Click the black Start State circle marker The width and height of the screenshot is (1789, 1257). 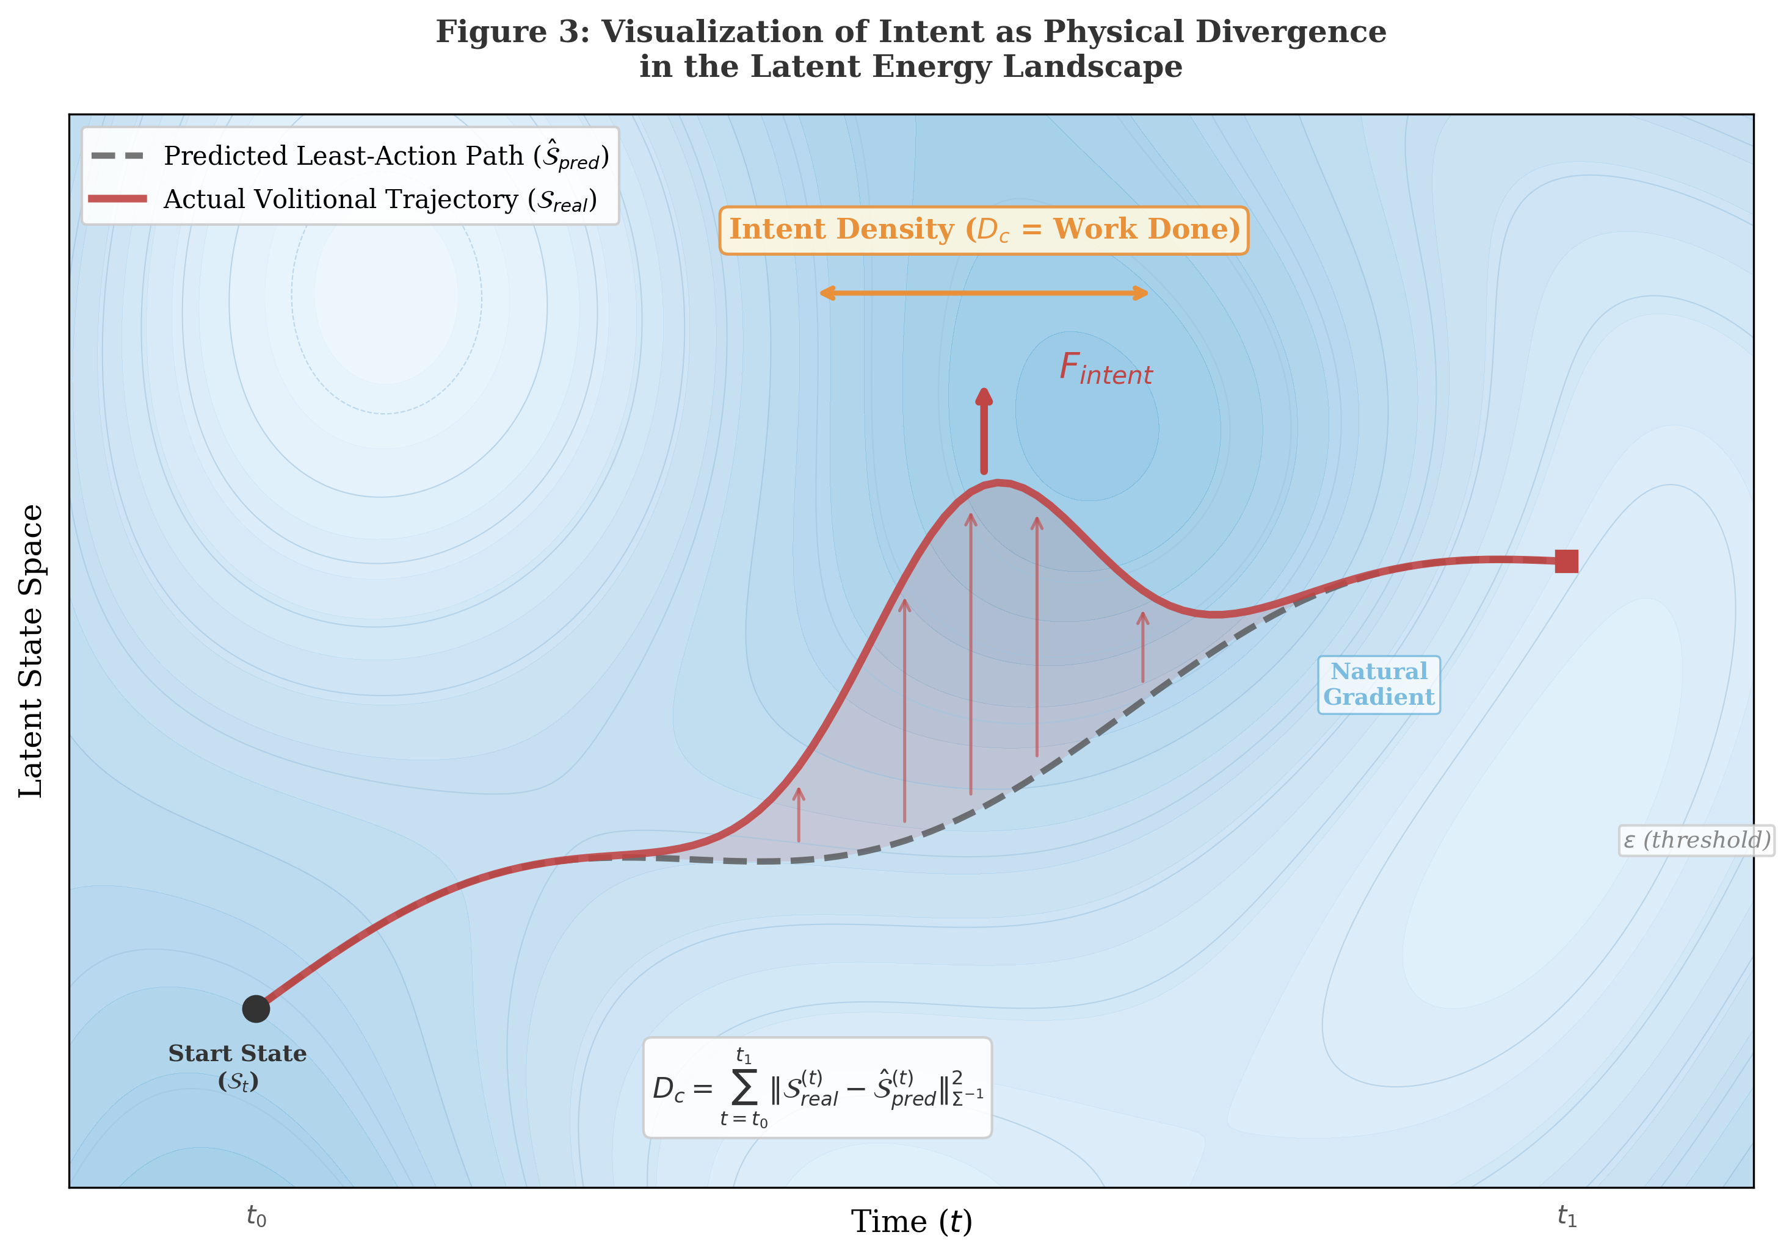[x=256, y=1009]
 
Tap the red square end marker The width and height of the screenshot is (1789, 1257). [x=1566, y=561]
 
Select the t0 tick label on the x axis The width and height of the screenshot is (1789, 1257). [x=256, y=1216]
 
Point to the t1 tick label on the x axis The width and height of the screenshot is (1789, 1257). [x=1567, y=1216]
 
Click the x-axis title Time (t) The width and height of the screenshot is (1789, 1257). [x=911, y=1221]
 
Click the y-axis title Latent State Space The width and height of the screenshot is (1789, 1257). [x=31, y=650]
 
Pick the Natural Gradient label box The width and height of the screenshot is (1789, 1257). [x=1378, y=685]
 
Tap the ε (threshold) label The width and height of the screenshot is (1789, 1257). [x=1696, y=840]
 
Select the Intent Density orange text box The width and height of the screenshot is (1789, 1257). [x=983, y=230]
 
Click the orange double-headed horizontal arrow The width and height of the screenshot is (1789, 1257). [x=983, y=293]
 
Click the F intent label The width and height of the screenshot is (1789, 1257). [x=1105, y=369]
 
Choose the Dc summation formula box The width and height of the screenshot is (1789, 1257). [x=816, y=1087]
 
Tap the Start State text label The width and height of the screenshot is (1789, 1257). [x=238, y=1066]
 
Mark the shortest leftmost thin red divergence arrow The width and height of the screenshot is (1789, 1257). [x=799, y=815]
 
